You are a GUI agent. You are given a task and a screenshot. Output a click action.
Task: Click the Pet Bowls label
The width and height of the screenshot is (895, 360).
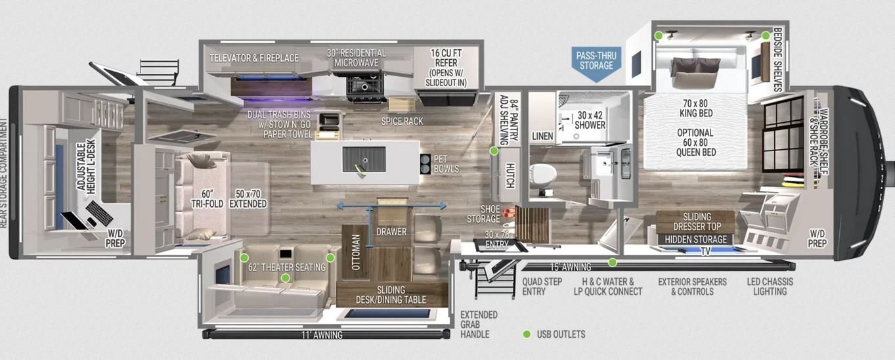(x=447, y=164)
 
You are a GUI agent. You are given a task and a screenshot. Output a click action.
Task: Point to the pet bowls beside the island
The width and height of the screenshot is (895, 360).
(x=425, y=164)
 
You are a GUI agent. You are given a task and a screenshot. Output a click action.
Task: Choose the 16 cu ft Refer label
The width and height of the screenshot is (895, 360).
(x=446, y=68)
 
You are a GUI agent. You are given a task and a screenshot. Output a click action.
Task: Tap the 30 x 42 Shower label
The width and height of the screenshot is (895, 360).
(x=590, y=120)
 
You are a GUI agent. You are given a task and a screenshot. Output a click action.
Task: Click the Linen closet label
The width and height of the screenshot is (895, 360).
(x=542, y=136)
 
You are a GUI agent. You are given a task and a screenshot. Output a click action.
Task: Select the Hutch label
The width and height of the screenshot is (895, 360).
(x=510, y=175)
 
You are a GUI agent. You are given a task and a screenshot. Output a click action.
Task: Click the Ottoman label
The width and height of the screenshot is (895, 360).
(x=356, y=252)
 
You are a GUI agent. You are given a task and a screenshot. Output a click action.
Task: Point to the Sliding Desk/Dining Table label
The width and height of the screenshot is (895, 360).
(x=391, y=295)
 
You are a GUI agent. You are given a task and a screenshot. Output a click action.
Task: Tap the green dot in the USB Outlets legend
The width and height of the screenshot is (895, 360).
(x=527, y=334)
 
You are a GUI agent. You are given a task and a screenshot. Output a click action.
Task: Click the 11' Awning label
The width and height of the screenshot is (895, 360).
(x=322, y=335)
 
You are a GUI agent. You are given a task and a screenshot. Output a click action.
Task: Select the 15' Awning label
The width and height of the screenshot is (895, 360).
(x=571, y=267)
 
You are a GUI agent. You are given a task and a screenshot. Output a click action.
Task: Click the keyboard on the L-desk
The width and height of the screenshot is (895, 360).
(x=99, y=213)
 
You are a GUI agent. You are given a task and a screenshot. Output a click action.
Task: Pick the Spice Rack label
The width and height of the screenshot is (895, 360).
(x=402, y=121)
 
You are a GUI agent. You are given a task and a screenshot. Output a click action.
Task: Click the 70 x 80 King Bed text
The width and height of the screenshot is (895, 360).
(x=696, y=108)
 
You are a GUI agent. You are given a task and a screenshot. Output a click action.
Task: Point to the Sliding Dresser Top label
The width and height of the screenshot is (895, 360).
(x=697, y=221)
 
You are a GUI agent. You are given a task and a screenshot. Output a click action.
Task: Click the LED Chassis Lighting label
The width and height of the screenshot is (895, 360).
(x=770, y=286)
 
